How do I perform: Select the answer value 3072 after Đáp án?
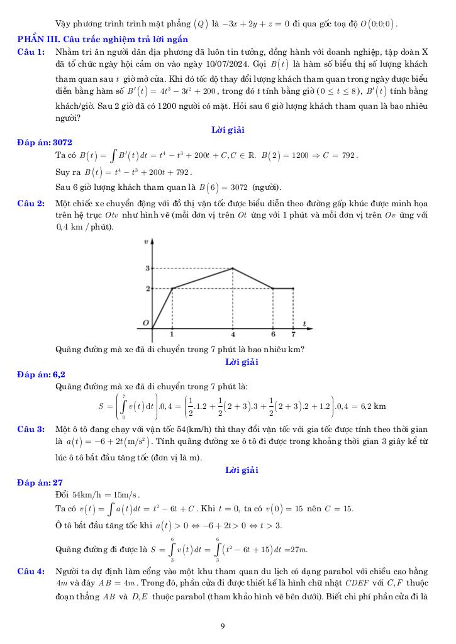[x=67, y=143]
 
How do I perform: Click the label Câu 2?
[x=31, y=203]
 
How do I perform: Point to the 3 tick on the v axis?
[x=148, y=269]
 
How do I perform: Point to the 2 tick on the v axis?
[x=148, y=289]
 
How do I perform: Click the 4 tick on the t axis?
[x=233, y=335]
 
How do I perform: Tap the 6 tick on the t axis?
[x=273, y=335]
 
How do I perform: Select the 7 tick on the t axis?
[x=293, y=335]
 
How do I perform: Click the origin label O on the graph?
[x=145, y=323]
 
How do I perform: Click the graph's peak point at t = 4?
[x=233, y=269]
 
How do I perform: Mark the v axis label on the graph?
[x=146, y=241]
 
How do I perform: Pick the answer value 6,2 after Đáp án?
[x=59, y=375]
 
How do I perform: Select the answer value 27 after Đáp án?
[x=58, y=482]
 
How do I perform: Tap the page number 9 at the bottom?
[x=223, y=625]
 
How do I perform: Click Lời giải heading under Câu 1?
[x=228, y=130]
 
